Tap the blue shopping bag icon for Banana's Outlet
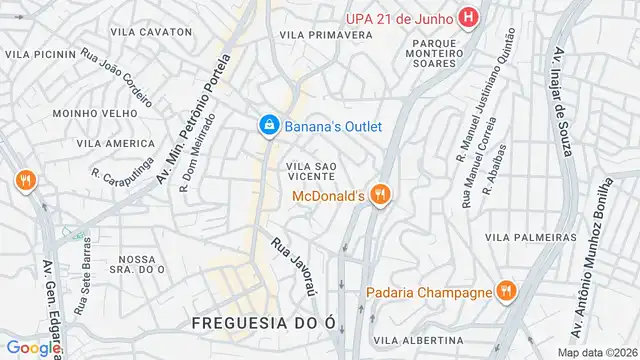268,125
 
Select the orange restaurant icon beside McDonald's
379,195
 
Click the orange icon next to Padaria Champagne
507,292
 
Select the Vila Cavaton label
152,32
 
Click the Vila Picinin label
41,54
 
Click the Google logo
32,348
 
